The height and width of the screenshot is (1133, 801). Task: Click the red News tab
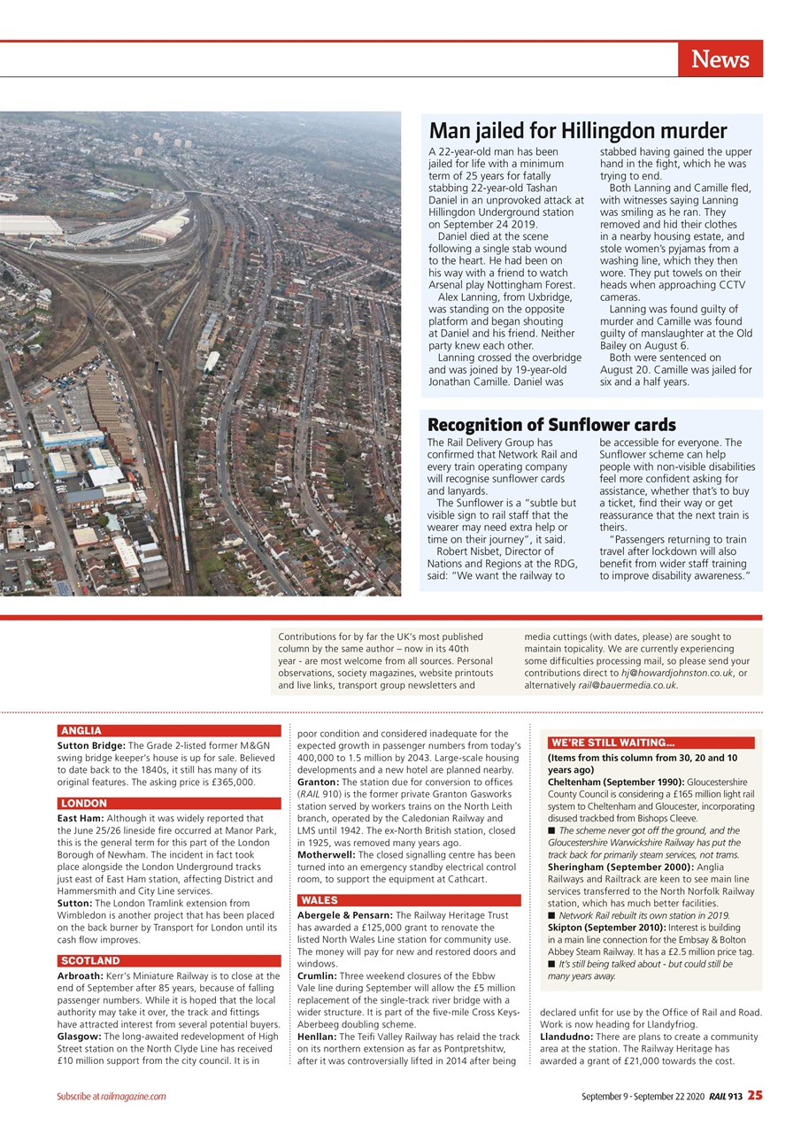point(720,58)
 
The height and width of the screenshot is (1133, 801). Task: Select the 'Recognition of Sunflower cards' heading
point(551,425)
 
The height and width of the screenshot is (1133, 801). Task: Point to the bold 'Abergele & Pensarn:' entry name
point(345,915)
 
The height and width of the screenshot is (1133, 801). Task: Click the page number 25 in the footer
point(754,1096)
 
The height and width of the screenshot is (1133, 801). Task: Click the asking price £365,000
point(228,782)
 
